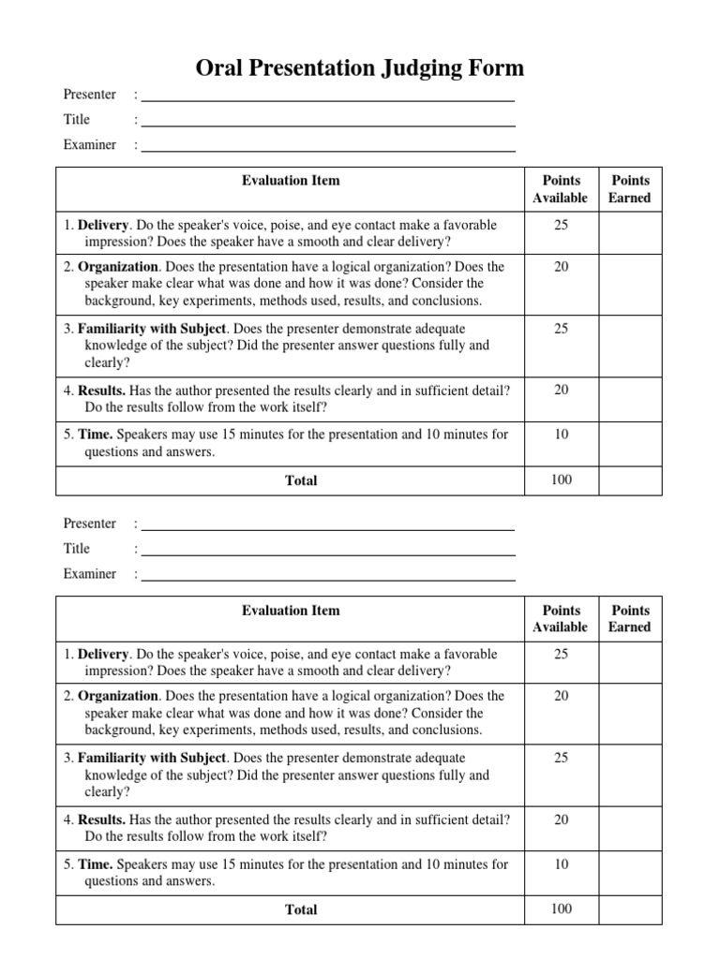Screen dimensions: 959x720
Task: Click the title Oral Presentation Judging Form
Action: (x=360, y=68)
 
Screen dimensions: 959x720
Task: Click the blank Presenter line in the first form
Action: (x=327, y=96)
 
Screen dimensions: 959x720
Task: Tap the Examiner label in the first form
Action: (x=90, y=144)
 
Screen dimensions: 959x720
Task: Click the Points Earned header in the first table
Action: (x=629, y=188)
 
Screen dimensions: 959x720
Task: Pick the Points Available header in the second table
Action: (x=560, y=618)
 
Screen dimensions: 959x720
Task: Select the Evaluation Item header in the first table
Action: (x=291, y=180)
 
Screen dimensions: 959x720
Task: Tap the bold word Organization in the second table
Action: (x=118, y=696)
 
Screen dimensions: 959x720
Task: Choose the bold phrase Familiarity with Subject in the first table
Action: (x=152, y=329)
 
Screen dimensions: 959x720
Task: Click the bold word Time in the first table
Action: (x=96, y=434)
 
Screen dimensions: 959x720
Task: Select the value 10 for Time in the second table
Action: (x=561, y=863)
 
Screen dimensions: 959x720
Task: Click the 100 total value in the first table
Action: (x=561, y=479)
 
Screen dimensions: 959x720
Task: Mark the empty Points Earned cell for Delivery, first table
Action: (x=629, y=233)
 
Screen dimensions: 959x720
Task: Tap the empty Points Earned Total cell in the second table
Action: (x=629, y=908)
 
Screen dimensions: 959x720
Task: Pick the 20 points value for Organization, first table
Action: (x=561, y=267)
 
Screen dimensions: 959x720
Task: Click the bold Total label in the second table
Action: (x=301, y=909)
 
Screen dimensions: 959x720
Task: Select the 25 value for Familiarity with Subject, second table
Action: (x=561, y=758)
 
